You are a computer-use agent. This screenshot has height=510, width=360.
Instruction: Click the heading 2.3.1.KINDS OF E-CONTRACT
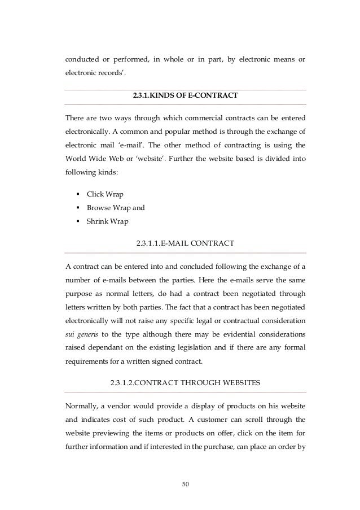coord(185,97)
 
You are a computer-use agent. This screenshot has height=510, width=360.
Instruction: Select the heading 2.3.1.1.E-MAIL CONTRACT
coord(186,244)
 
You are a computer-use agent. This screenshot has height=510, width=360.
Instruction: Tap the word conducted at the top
coord(82,58)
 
